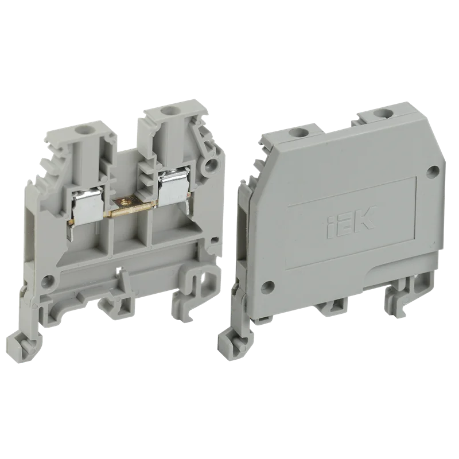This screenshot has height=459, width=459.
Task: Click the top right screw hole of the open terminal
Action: pos(168,111)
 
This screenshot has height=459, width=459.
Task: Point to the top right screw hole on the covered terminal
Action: pos(381,112)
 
